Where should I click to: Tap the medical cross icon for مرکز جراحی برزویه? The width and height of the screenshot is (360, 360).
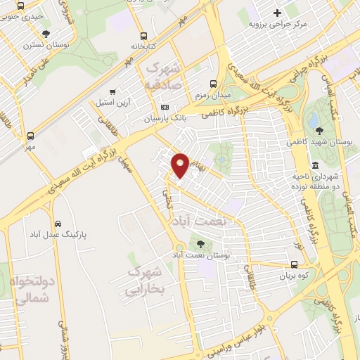pyautogui.click(x=278, y=12)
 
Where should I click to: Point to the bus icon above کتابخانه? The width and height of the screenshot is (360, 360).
pyautogui.click(x=143, y=35)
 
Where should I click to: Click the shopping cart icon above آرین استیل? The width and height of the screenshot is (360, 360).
pyautogui.click(x=113, y=92)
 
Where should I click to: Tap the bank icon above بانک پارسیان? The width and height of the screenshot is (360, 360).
pyautogui.click(x=165, y=108)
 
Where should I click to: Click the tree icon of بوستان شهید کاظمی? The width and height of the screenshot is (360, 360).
pyautogui.click(x=319, y=129)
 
